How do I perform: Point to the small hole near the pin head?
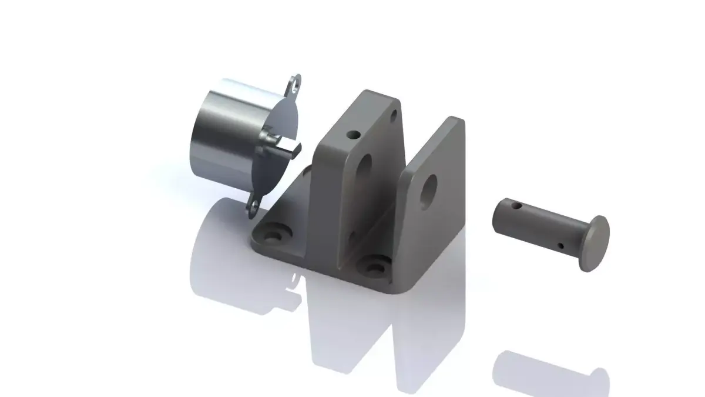[560, 245]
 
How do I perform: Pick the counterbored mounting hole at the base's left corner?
[272, 235]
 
